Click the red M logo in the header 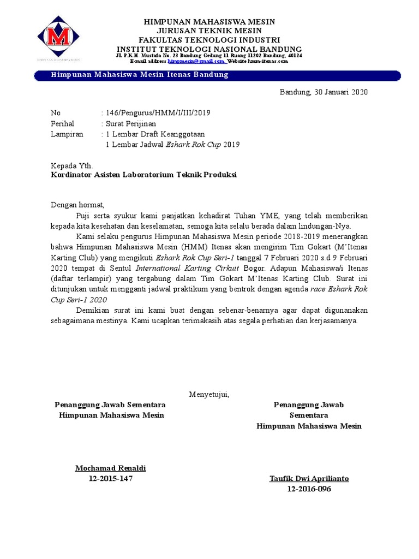click(58, 38)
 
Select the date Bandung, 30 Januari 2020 click(324, 92)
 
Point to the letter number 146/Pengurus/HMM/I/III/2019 click(158, 113)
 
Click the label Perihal click(62, 123)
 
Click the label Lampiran click(67, 134)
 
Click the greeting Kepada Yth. click(71, 165)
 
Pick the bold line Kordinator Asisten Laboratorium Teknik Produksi click(144, 175)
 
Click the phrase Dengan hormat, click(77, 205)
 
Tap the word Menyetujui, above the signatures click(209, 394)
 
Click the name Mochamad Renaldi click(110, 468)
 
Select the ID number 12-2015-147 click(110, 479)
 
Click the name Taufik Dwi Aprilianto click(309, 479)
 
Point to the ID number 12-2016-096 click(309, 489)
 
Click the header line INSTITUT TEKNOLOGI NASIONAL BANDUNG click(209, 49)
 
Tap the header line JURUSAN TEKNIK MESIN click(209, 31)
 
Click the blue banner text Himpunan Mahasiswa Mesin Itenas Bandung click(139, 75)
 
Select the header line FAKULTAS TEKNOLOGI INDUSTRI click(209, 40)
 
